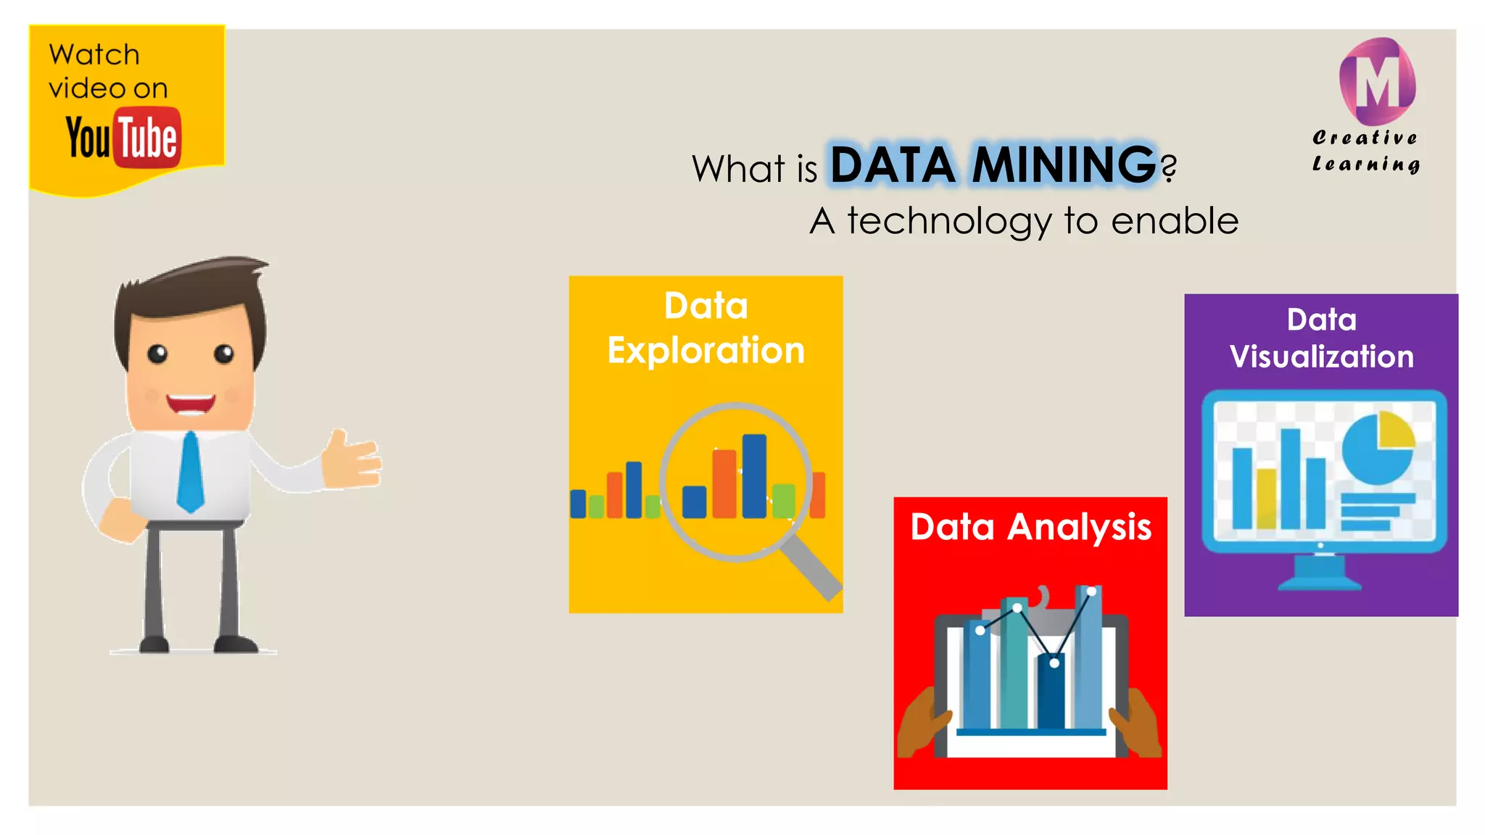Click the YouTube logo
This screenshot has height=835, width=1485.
123,137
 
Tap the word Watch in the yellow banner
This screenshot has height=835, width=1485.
94,55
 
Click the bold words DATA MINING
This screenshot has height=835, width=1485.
993,165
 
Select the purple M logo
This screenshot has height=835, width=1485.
1377,82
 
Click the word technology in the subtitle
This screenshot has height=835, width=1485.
949,221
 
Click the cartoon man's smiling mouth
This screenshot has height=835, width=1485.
191,403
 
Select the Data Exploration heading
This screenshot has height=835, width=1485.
706,328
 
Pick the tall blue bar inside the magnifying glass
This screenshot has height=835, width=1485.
754,475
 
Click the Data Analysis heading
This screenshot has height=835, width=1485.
1030,527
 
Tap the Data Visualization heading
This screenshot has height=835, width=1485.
1321,338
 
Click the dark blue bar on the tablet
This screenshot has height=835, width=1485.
1051,692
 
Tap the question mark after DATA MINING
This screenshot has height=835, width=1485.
1168,169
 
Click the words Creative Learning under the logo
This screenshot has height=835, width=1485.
1365,151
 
